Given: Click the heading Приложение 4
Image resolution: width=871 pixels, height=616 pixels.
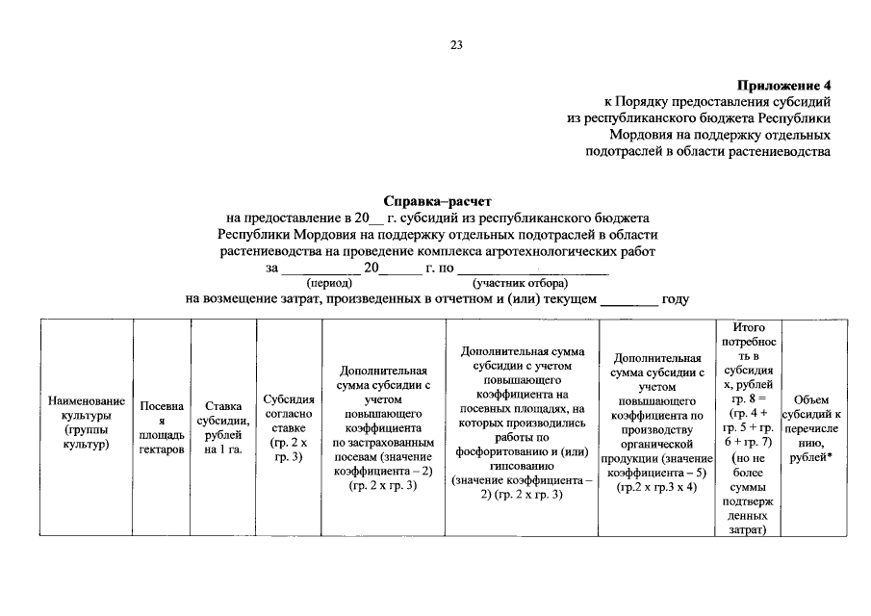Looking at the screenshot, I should tap(782, 85).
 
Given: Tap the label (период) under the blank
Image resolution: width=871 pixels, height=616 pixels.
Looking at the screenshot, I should tap(329, 284).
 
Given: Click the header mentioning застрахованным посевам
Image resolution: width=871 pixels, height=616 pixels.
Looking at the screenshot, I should tap(383, 428).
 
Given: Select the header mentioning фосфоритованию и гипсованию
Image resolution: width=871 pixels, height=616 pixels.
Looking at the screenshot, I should tap(521, 428).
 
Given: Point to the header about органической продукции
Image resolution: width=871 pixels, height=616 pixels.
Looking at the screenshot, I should tap(659, 428).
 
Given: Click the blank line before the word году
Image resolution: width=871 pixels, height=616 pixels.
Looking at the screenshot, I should tap(629, 301).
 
